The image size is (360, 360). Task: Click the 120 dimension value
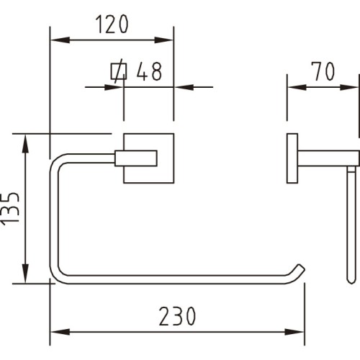coord(112,24)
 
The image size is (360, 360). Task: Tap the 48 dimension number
coord(149,71)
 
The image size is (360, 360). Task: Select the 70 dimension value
coord(323,71)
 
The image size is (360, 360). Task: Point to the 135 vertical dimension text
coord(10,209)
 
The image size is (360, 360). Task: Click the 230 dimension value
coord(177,316)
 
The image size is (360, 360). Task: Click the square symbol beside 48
coord(119,71)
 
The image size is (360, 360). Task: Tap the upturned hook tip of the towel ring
coord(301,268)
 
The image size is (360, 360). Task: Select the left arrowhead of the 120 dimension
coord(60,40)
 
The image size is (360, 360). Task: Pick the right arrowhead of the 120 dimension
coord(163,40)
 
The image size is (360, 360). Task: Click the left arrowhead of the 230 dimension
coord(60,332)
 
